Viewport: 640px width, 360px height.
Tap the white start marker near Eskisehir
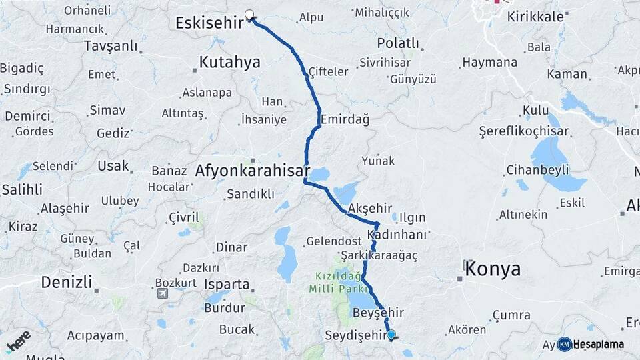tap(250, 15)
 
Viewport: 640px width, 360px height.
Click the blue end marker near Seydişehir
tap(391, 335)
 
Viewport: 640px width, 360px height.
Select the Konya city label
tap(493, 269)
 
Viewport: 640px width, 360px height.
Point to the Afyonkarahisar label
tap(253, 171)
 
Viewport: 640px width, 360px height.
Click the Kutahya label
tap(229, 63)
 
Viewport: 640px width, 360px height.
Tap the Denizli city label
tap(66, 281)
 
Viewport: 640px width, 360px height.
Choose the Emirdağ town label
tap(345, 119)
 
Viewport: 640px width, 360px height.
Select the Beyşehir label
tap(379, 313)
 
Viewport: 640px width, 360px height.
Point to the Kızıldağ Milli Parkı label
tap(339, 283)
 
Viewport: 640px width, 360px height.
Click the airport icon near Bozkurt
tap(163, 293)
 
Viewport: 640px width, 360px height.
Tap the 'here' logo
tap(18, 341)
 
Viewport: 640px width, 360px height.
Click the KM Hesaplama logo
tap(591, 344)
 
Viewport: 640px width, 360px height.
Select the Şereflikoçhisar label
tap(524, 132)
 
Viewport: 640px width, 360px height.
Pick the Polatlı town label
tap(398, 43)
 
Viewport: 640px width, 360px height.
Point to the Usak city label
tap(113, 165)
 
